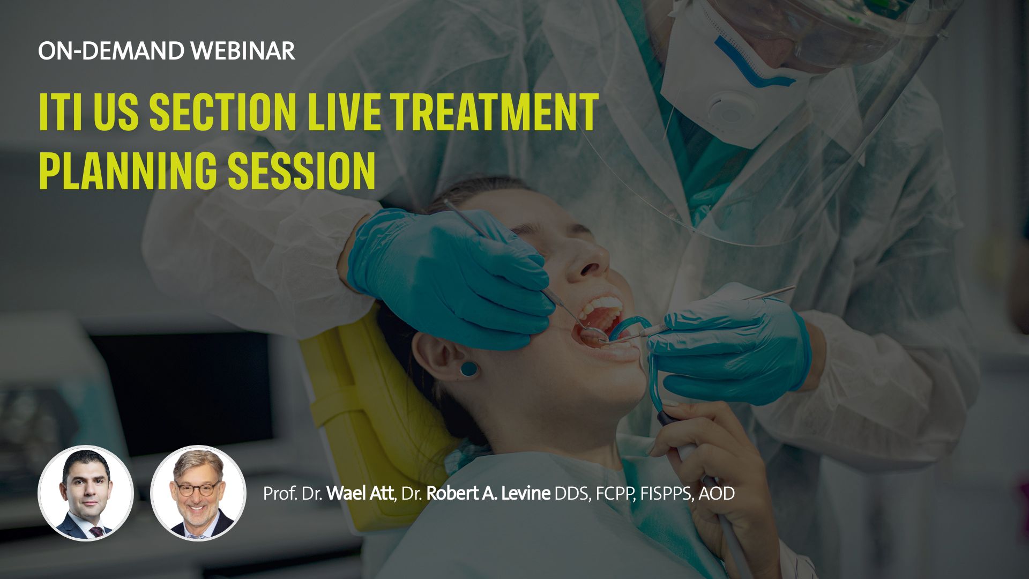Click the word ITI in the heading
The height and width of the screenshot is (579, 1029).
(x=61, y=112)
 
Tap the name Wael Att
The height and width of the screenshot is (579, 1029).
(x=360, y=493)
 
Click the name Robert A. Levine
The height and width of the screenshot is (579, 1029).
(x=488, y=493)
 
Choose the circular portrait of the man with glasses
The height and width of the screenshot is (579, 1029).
(x=198, y=493)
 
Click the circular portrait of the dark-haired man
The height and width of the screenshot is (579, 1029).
(x=85, y=493)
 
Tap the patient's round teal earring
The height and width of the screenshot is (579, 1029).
(x=467, y=369)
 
